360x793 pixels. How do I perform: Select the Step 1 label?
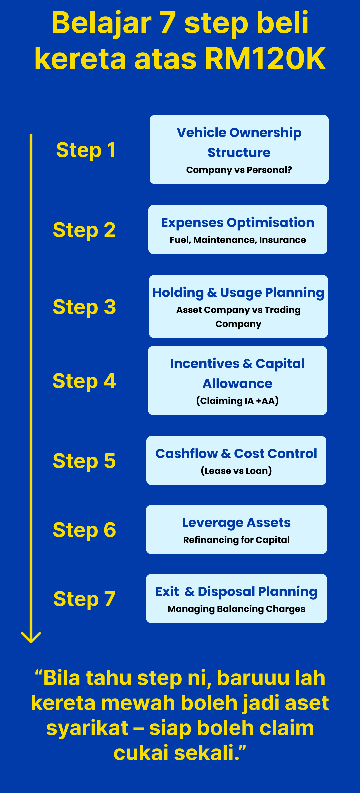click(86, 150)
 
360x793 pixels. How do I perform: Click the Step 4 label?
click(84, 381)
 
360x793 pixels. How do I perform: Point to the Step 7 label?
click(84, 599)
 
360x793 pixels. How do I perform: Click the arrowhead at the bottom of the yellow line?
click(31, 637)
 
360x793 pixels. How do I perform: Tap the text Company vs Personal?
click(239, 170)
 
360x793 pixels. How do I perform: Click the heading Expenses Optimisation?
click(238, 223)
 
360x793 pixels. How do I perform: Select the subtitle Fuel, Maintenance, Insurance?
click(238, 240)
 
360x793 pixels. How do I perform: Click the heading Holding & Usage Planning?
click(238, 293)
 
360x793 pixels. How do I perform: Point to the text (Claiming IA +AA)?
click(237, 401)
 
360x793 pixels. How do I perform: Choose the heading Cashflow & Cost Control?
click(236, 454)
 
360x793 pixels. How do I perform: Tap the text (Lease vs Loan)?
click(236, 471)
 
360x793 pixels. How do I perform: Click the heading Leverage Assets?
click(236, 523)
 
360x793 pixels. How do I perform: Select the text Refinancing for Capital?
click(236, 540)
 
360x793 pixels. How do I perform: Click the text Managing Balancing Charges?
click(236, 609)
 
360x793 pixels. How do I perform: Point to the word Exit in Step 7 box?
click(167, 592)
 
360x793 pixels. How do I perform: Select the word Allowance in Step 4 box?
click(237, 384)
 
